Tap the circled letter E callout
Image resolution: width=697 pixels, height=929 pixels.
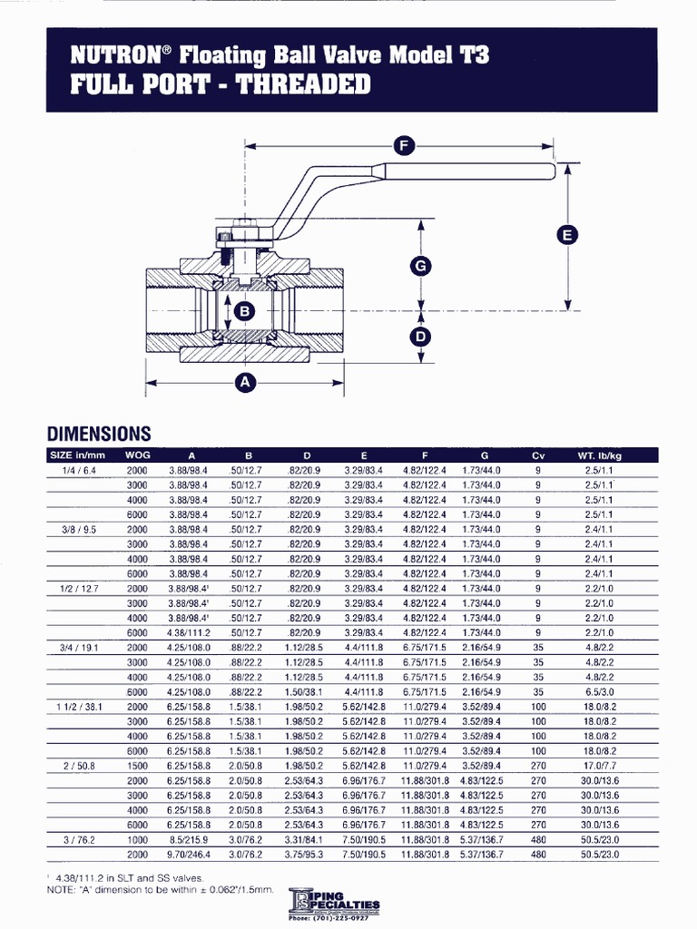tap(567, 235)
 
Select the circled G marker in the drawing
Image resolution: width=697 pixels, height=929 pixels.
tap(420, 266)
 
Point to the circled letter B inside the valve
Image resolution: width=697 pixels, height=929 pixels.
tap(243, 311)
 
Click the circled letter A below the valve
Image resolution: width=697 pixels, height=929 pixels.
tap(244, 383)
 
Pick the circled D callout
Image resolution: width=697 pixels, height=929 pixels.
tap(420, 337)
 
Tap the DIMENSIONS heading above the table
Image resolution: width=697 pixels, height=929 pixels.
tap(99, 434)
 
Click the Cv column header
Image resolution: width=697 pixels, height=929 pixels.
tap(537, 455)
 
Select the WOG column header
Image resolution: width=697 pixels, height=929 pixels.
tap(137, 455)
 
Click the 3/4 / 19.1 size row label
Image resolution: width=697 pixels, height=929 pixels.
tap(80, 649)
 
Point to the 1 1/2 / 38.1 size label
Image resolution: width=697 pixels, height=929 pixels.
tap(80, 707)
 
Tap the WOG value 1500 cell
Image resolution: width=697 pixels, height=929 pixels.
tap(137, 766)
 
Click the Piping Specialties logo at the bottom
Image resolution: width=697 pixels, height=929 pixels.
tap(333, 905)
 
